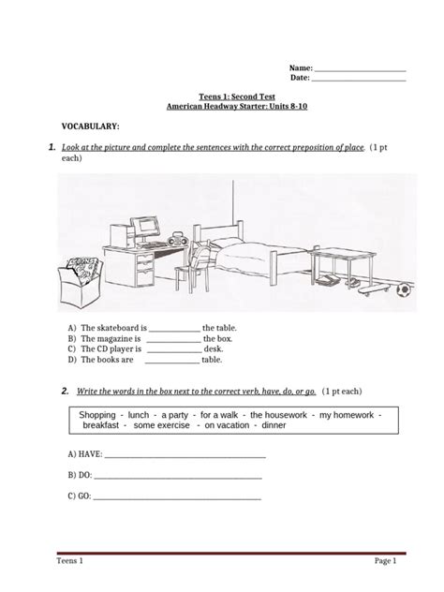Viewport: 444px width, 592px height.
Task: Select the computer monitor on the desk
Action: [x=147, y=228]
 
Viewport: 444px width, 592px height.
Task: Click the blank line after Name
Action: [x=359, y=69]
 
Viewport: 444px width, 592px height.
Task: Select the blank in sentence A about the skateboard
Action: [x=175, y=329]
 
